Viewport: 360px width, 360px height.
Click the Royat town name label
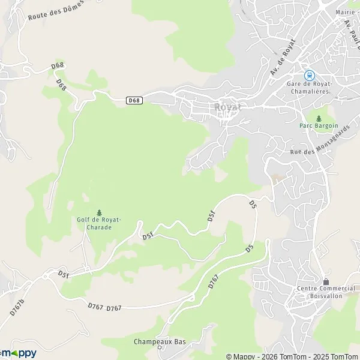point(227,107)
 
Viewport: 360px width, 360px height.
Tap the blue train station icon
point(310,75)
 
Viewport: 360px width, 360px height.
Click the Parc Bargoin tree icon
point(319,118)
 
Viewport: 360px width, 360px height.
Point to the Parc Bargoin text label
point(319,126)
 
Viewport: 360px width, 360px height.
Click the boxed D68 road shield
point(135,100)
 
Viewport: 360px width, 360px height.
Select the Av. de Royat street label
point(283,58)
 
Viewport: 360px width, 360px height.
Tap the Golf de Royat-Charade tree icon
point(99,212)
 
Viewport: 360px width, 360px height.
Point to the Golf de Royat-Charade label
point(99,223)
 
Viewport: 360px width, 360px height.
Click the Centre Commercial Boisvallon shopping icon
point(326,281)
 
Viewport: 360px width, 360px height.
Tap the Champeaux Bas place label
point(160,341)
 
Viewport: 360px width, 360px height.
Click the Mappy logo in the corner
point(18,353)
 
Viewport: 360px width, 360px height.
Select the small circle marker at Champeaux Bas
point(160,347)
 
